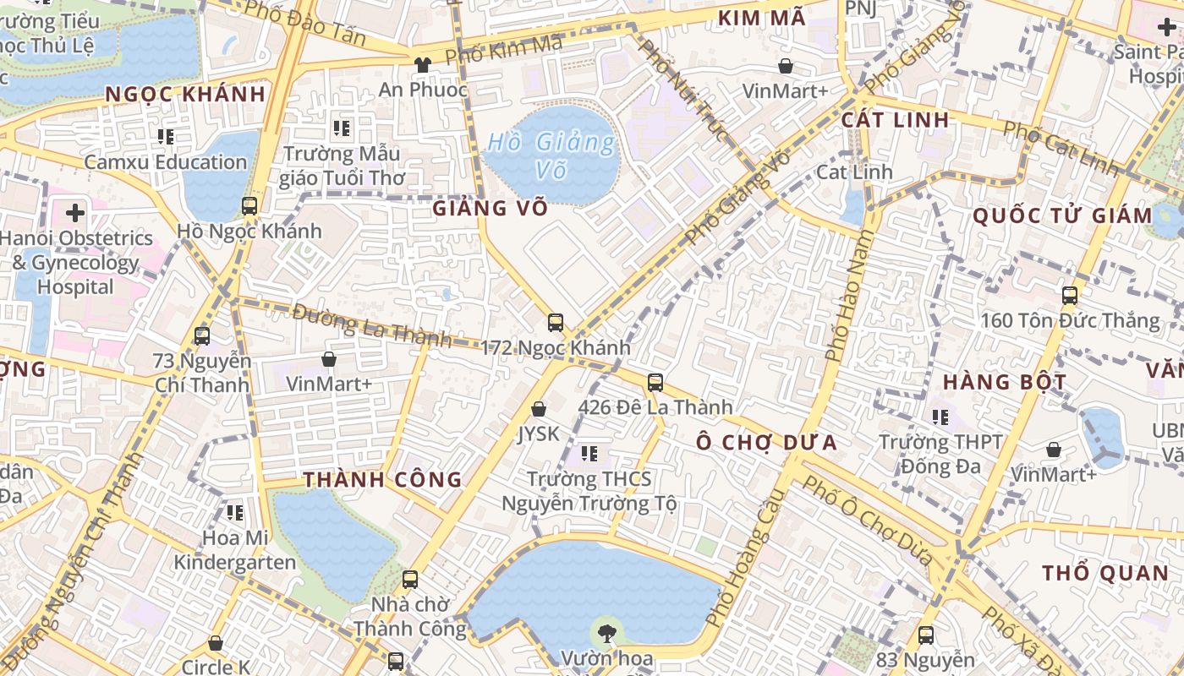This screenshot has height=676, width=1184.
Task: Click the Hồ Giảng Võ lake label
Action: (551, 155)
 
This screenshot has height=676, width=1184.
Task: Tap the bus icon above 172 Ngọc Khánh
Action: (556, 322)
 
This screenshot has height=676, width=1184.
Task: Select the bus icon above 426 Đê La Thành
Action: (655, 383)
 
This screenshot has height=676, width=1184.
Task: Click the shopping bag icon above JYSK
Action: (539, 410)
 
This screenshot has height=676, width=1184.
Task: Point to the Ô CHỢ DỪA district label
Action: (766, 442)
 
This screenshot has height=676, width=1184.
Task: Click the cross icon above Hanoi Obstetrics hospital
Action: (75, 213)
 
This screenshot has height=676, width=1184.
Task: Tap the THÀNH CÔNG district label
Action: (382, 480)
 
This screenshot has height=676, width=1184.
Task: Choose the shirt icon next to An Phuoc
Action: (422, 64)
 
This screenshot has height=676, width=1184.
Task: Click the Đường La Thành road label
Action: (372, 325)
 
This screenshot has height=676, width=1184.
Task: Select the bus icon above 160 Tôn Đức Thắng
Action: (1070, 296)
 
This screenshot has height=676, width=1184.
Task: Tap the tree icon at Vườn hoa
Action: (606, 631)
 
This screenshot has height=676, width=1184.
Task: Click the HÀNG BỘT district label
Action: (1005, 382)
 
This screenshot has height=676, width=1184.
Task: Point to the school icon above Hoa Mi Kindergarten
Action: (235, 512)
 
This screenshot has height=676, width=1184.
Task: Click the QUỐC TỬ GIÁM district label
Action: (1062, 215)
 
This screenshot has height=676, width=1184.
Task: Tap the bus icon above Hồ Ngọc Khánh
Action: (249, 205)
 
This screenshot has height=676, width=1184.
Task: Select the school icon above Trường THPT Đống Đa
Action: (940, 417)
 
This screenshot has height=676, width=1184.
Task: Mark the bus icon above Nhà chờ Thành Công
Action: (410, 580)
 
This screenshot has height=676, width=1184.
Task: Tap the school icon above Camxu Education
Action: (166, 136)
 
